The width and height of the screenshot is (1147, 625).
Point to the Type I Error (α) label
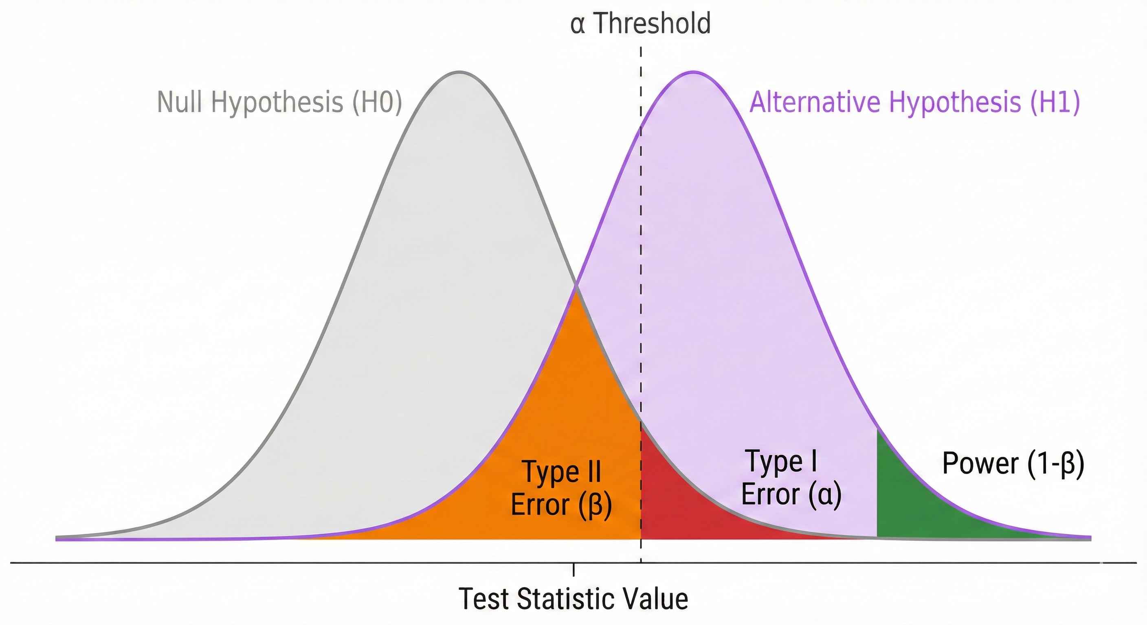click(x=791, y=478)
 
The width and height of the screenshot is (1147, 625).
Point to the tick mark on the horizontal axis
click(x=573, y=569)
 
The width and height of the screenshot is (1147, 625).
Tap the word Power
click(x=980, y=463)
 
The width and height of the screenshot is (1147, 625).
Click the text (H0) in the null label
click(x=378, y=102)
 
